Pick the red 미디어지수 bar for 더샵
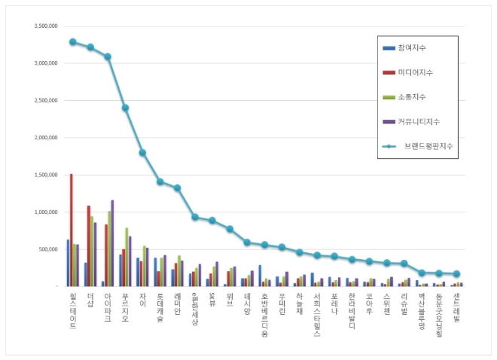click(x=89, y=246)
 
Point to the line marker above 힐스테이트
click(x=72, y=41)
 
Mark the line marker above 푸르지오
click(x=125, y=108)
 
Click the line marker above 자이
click(x=142, y=153)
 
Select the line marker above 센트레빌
click(x=457, y=274)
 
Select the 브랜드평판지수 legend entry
click(x=425, y=145)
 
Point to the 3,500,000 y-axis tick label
click(x=46, y=26)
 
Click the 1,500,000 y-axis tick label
click(x=46, y=175)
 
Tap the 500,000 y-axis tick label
click(x=48, y=249)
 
